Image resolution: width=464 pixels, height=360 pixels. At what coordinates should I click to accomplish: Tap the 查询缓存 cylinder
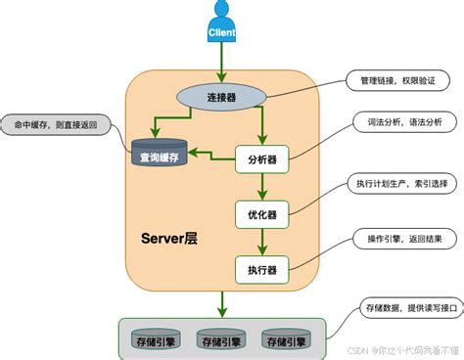tap(160, 154)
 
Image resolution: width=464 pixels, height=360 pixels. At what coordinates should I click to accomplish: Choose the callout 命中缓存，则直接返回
tap(56, 126)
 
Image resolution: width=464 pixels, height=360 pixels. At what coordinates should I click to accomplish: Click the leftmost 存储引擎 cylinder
tap(157, 340)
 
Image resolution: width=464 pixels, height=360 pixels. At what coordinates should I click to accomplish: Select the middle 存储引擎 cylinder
tap(220, 340)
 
